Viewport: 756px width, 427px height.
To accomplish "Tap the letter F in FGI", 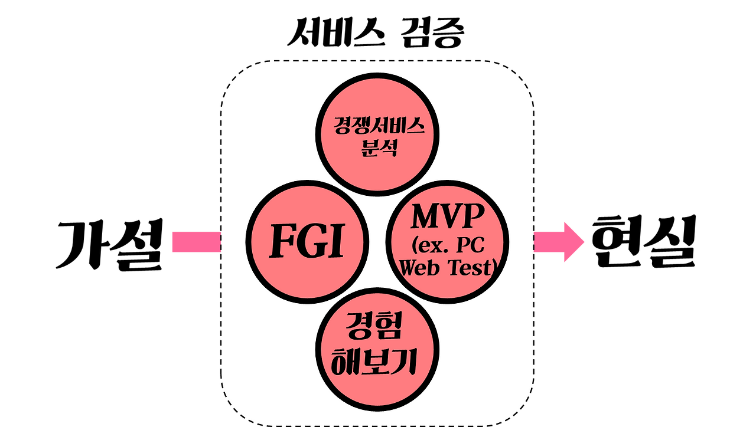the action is pos(282,241).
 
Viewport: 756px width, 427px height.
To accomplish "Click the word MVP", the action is pos(447,217).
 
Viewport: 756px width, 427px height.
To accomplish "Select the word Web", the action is pos(422,268).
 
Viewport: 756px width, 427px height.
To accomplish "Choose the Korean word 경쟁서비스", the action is pos(378,126).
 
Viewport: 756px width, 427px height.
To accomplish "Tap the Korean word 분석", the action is pos(378,146).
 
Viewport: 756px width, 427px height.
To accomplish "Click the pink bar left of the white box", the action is pos(195,242).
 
